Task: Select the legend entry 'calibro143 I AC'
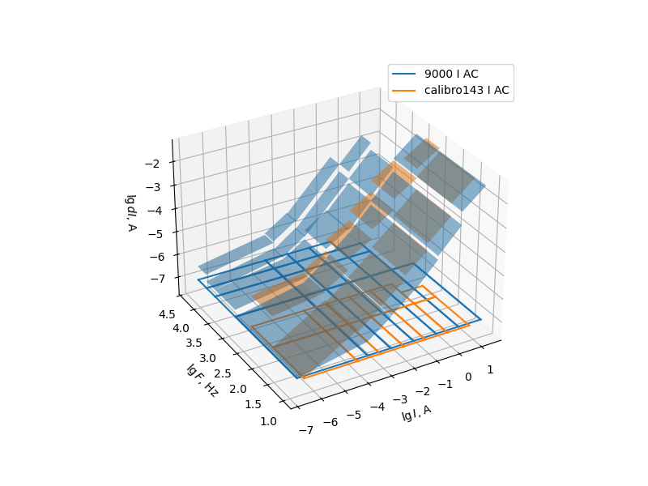467,90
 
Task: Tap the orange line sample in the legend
407,90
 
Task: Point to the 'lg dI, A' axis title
130,212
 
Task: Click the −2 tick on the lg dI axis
152,164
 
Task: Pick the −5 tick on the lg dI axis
152,233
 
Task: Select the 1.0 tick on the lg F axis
268,421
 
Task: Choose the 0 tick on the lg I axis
467,377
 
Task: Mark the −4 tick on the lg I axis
378,406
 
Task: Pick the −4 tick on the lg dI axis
152,210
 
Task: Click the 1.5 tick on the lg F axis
253,405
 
